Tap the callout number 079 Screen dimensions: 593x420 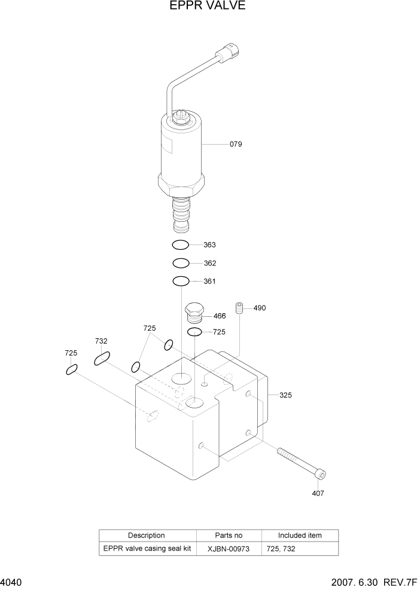(x=236, y=144)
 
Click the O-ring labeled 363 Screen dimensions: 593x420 (x=181, y=244)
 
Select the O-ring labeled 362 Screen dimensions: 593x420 (x=181, y=263)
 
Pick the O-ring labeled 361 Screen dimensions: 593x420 (x=181, y=281)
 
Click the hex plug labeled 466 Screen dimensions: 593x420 (x=195, y=312)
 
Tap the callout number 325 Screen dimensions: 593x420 (x=285, y=395)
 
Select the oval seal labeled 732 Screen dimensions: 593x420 (x=102, y=359)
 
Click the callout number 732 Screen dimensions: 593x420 (x=101, y=341)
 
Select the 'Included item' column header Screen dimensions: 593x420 (x=300, y=536)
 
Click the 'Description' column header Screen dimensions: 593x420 (x=147, y=536)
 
